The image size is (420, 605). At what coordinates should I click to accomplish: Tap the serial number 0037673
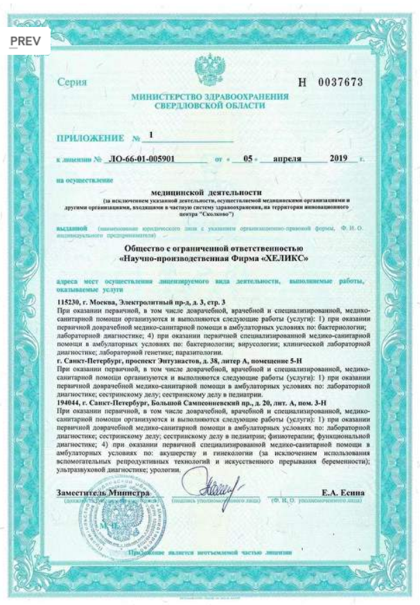pos(340,82)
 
